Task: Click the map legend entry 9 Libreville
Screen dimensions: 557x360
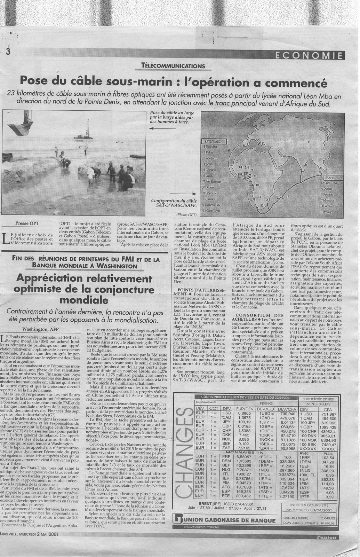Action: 210,193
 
